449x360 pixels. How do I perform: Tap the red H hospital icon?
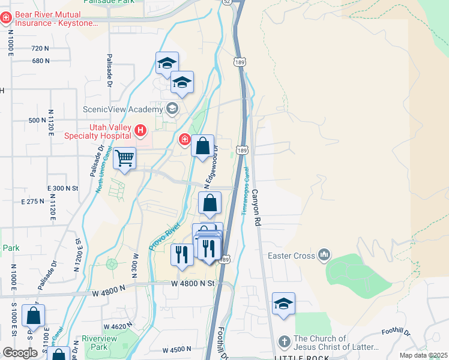point(140,130)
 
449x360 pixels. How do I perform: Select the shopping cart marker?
point(125,160)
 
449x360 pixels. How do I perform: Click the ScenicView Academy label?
point(122,109)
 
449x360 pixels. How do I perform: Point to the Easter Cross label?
point(291,256)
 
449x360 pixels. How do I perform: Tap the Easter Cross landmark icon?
point(325,256)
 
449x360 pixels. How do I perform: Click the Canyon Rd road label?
point(257,207)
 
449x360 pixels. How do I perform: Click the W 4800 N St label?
point(192,283)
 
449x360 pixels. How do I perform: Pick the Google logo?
point(20,353)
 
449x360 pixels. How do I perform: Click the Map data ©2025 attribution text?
point(423,355)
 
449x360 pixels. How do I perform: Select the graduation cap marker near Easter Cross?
point(283,304)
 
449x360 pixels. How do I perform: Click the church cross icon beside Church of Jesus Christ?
point(284,342)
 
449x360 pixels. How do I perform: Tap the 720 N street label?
point(40,48)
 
